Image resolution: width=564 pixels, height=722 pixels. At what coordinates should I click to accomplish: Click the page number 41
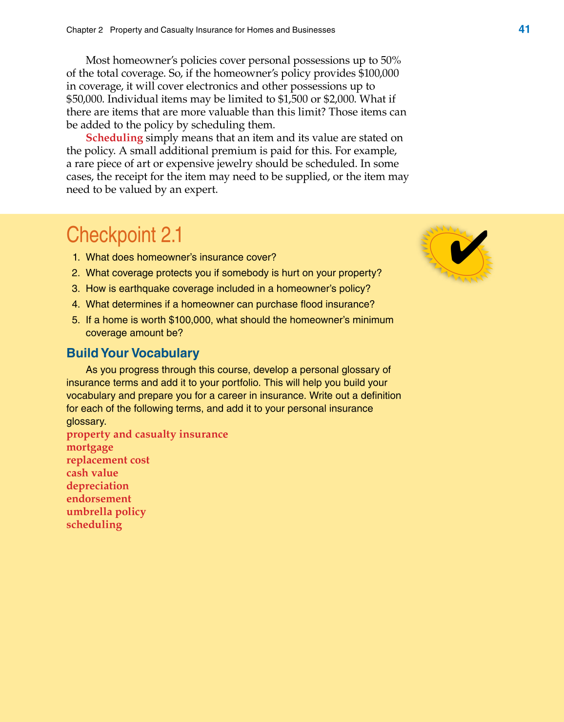(524, 29)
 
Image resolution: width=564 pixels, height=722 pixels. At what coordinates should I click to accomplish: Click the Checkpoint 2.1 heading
(124, 235)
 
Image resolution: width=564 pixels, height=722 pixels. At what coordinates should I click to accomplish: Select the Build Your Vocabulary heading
(133, 353)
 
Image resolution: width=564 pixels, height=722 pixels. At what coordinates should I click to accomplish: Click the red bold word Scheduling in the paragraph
(114, 138)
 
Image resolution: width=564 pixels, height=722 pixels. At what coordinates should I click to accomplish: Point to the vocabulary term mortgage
(90, 448)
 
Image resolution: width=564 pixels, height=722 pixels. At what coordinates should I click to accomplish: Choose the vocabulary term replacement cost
(108, 460)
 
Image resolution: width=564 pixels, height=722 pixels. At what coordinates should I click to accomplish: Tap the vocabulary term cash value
(92, 473)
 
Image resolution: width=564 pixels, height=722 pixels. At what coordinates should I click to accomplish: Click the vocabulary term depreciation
(98, 486)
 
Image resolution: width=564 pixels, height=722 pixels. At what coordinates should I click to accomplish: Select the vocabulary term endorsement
(99, 499)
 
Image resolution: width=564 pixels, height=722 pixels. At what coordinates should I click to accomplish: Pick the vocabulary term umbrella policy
(106, 512)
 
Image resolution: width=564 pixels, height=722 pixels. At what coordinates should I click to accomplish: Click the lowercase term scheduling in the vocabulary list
(94, 525)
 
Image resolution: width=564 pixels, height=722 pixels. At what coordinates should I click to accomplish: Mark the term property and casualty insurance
(147, 434)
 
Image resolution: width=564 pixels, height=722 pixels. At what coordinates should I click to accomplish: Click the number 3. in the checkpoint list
(76, 289)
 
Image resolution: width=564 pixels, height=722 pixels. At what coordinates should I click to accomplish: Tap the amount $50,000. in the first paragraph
(85, 99)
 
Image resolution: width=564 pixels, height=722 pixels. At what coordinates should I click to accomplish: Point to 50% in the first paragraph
(390, 61)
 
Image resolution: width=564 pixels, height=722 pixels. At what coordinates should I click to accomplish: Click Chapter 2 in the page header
(84, 30)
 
